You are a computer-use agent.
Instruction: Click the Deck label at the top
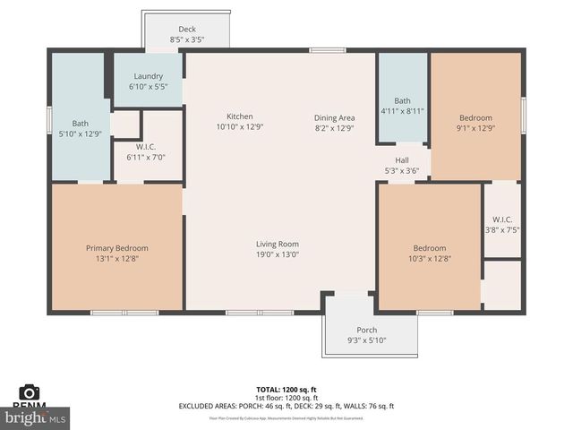187,30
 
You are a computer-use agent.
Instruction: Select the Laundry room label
149,76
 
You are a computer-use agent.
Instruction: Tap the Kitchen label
239,116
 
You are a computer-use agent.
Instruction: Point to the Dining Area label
334,117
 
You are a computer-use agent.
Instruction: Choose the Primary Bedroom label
116,248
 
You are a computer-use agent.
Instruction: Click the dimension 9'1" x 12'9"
476,127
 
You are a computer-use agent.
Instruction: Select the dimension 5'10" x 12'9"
81,133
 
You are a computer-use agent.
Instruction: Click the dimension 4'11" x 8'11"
402,111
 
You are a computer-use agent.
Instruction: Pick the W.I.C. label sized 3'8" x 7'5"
501,229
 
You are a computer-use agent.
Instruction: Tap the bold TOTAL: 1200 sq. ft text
286,390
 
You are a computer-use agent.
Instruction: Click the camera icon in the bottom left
30,391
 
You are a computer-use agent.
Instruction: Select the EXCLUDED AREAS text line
286,407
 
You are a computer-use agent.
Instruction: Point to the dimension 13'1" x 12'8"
116,258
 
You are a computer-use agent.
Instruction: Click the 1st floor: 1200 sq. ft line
286,398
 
